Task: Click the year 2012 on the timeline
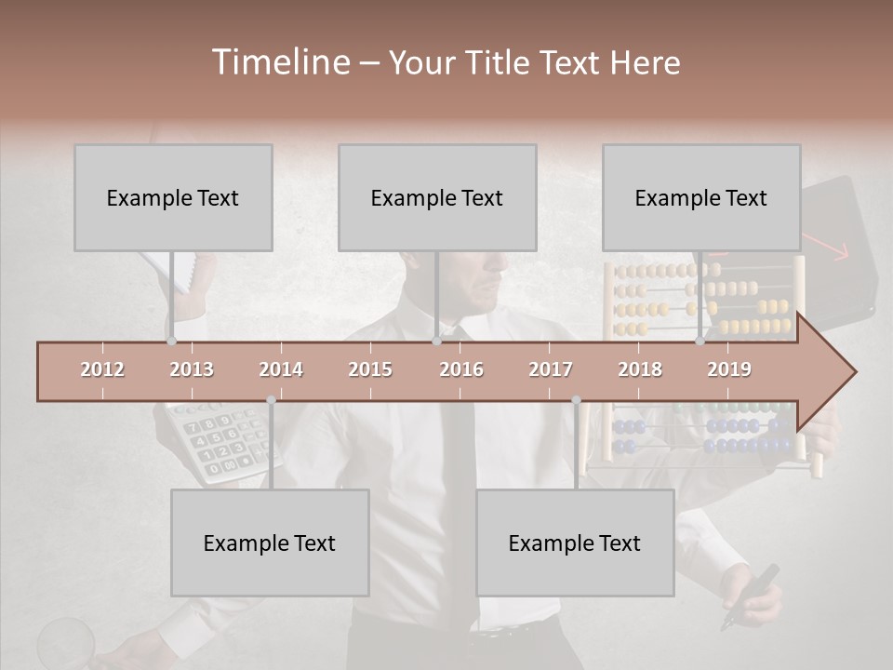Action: (102, 369)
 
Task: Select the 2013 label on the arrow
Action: (192, 369)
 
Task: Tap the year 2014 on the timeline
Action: (281, 369)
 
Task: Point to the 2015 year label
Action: (370, 369)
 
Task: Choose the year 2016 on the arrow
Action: (461, 369)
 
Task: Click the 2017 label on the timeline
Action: (551, 369)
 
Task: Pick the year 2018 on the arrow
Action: (640, 369)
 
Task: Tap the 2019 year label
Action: (729, 369)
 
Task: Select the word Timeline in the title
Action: (279, 62)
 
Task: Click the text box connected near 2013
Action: (173, 197)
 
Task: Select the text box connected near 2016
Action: (437, 197)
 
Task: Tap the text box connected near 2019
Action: (701, 197)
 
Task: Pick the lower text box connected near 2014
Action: (270, 543)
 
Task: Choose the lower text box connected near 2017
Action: (575, 543)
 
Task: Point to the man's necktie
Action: (459, 484)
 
